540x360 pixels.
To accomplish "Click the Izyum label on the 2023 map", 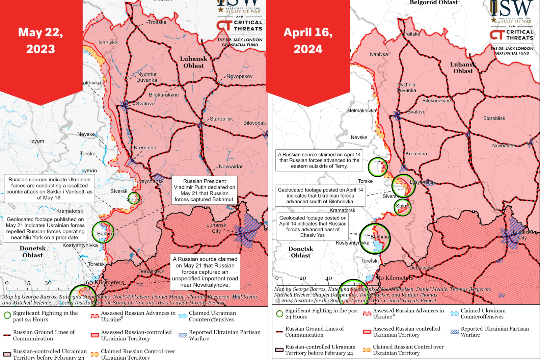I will (x=37, y=141).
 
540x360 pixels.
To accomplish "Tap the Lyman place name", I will (x=89, y=171).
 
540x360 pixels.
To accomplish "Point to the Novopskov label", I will (x=239, y=76).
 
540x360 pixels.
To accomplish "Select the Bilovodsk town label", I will (x=254, y=123).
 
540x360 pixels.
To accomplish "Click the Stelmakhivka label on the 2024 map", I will (x=361, y=110).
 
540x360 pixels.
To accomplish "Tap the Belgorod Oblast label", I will (x=434, y=3).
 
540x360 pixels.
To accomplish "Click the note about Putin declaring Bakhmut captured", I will (x=205, y=190).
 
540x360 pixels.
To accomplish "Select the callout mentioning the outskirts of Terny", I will (x=319, y=160).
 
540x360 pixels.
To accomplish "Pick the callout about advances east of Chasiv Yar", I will (x=313, y=227).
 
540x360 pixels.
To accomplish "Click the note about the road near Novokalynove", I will (x=205, y=272).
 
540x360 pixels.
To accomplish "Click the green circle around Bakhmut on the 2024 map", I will (x=375, y=239).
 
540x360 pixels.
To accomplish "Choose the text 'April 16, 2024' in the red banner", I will (x=308, y=41).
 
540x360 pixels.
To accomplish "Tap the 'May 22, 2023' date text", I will (x=40, y=41).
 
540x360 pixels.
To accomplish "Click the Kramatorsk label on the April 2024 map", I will (x=342, y=210).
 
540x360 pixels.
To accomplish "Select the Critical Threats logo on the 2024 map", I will (x=512, y=35).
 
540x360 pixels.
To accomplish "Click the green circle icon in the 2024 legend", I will (x=279, y=314).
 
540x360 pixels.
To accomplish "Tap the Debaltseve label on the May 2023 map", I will (x=151, y=272).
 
